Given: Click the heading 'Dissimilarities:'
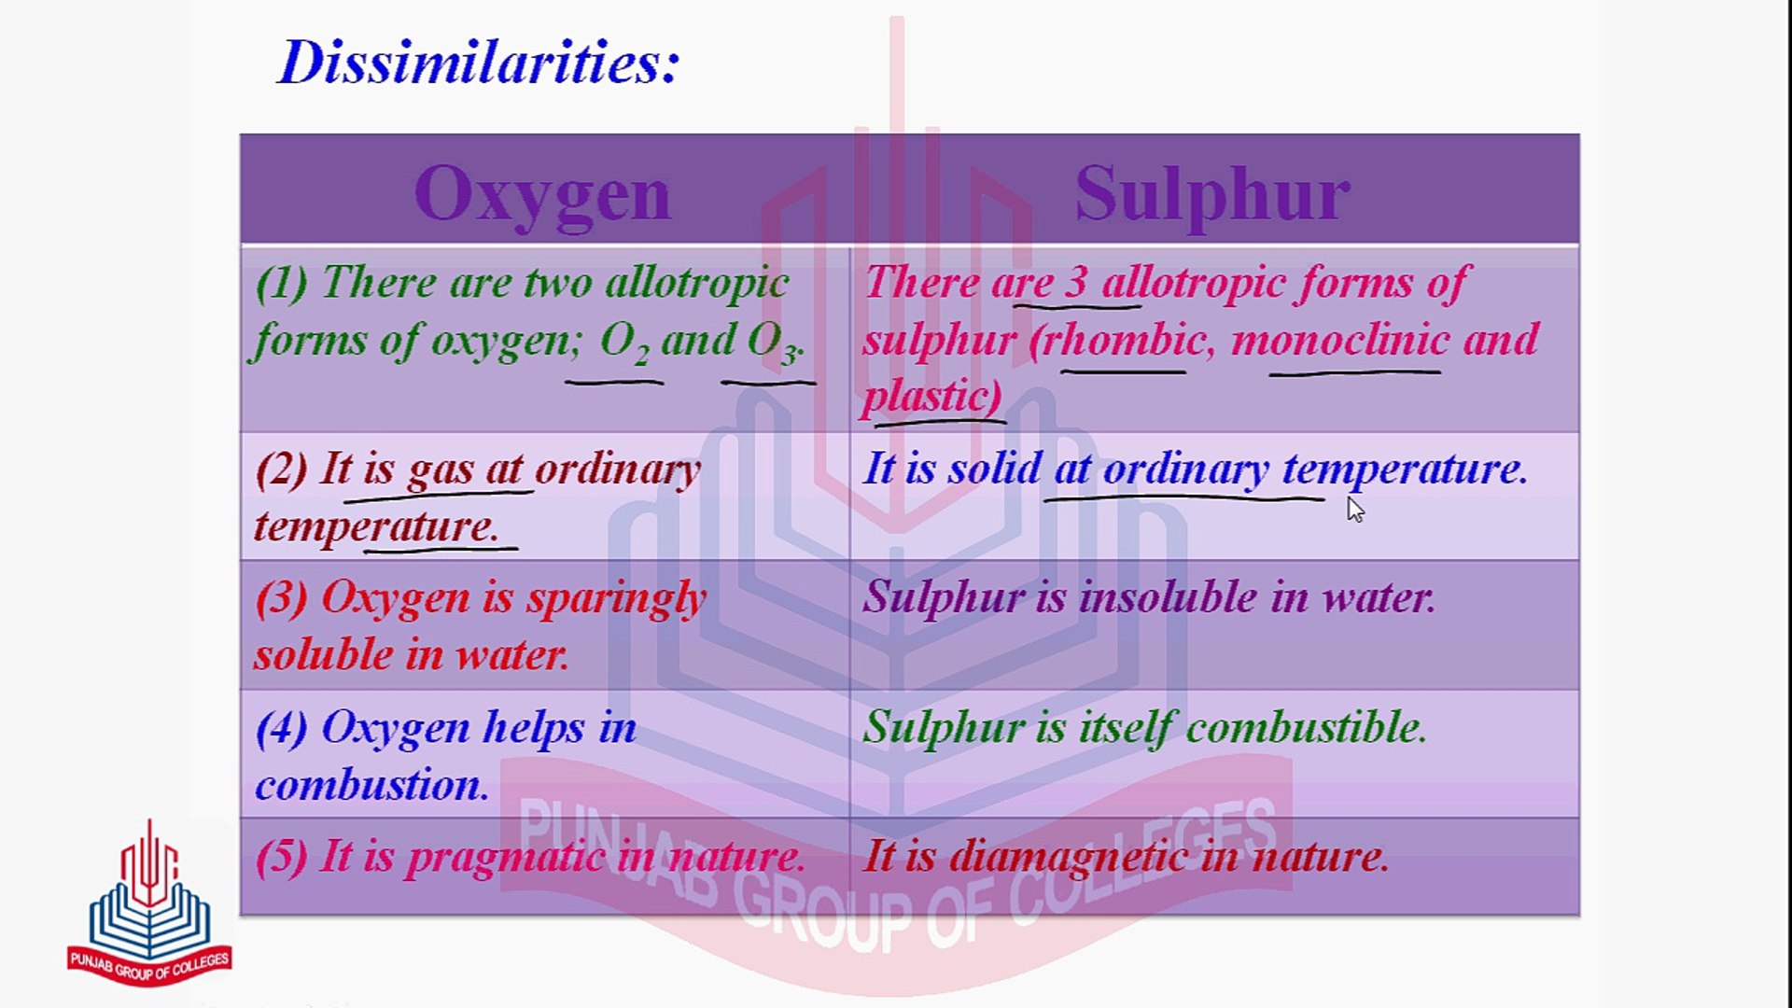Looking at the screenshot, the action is (479, 63).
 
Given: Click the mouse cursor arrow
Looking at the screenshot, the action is (1355, 509).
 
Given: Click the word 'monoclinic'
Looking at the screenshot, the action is (1339, 339).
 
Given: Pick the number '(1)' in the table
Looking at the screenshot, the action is (282, 283).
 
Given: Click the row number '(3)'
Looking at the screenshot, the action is (282, 598).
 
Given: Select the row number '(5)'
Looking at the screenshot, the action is (282, 857).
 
